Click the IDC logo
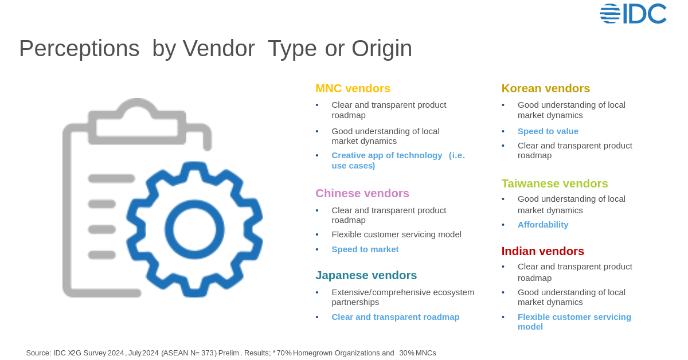(x=633, y=14)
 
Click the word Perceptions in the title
(x=79, y=49)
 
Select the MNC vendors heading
(x=353, y=88)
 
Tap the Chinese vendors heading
(x=362, y=193)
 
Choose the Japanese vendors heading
(x=366, y=275)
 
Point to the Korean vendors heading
(x=545, y=88)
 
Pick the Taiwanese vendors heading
(x=554, y=183)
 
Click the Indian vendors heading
(x=542, y=251)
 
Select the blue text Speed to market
(x=365, y=249)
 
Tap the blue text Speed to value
(x=548, y=131)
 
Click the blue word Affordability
(x=542, y=225)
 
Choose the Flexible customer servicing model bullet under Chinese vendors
(x=396, y=234)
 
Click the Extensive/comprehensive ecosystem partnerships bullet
(x=402, y=297)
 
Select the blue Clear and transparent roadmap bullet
(x=395, y=317)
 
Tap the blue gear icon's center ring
(x=194, y=229)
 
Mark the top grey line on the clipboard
(x=111, y=178)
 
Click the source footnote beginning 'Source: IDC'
(x=230, y=353)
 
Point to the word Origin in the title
(x=381, y=49)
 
